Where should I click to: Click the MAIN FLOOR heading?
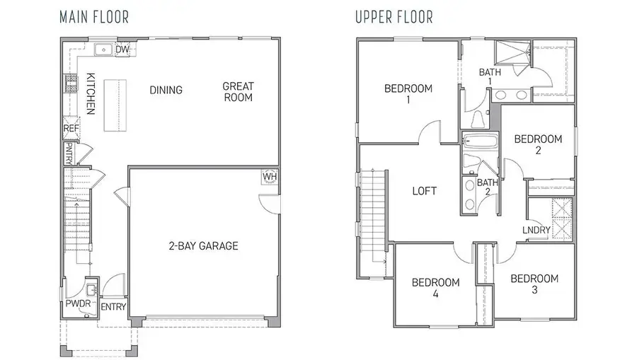(94, 16)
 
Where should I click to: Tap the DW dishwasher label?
(122, 50)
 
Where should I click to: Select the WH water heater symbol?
(270, 176)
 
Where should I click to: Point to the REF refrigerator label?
(71, 129)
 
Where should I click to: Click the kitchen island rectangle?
(115, 105)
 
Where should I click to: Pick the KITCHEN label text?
(91, 93)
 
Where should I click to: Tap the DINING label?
(166, 90)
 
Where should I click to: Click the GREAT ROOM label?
(238, 92)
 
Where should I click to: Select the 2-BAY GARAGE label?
(203, 246)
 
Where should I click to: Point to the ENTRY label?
(113, 306)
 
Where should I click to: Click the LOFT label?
(424, 191)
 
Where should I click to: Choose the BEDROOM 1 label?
(408, 94)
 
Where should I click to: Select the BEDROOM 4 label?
(435, 287)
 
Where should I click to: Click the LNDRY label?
(536, 230)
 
